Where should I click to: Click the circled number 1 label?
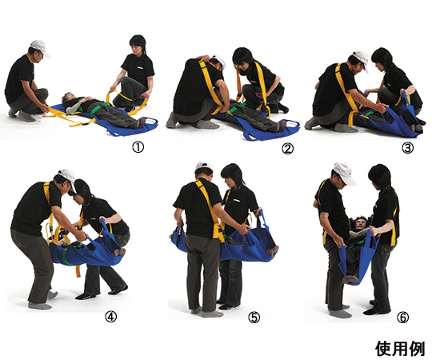[x=138, y=148]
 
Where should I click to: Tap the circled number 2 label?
[x=287, y=149]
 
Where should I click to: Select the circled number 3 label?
[x=407, y=148]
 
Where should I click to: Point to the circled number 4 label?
[x=110, y=317]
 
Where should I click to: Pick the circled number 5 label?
[x=254, y=318]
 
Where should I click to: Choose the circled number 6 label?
[x=402, y=318]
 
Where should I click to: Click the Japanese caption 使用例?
[x=400, y=349]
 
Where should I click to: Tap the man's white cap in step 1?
[x=41, y=47]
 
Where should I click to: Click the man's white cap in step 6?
[x=344, y=173]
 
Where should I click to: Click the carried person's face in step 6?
[x=361, y=222]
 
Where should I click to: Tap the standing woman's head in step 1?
[x=138, y=44]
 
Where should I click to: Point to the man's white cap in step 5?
[x=204, y=166]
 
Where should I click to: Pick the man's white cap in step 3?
[x=361, y=60]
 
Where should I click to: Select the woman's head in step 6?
[x=380, y=176]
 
